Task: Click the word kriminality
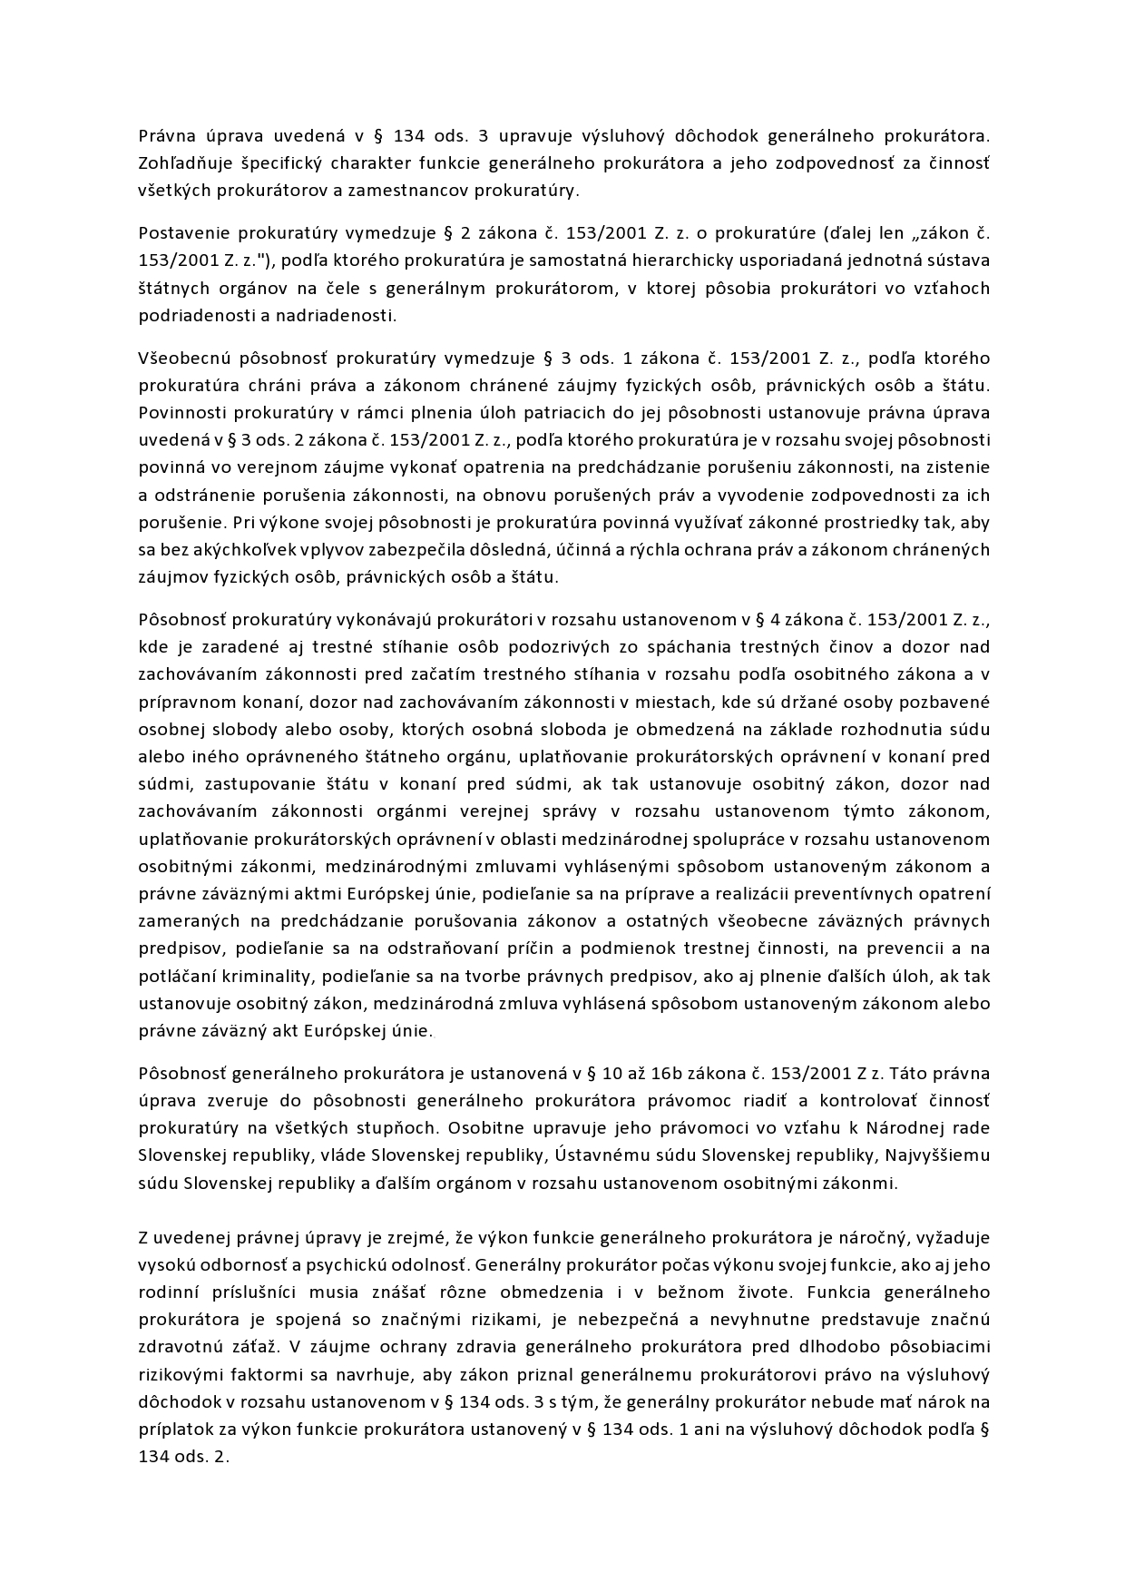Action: pos(253,977)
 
